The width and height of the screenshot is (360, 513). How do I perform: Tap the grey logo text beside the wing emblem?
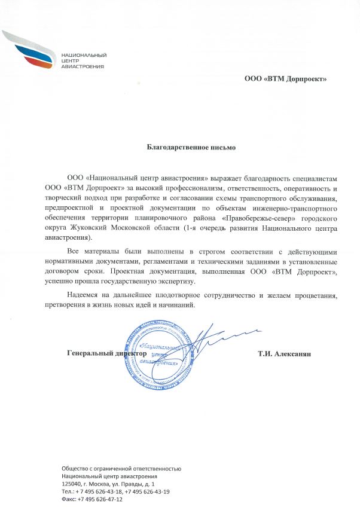pos(83,60)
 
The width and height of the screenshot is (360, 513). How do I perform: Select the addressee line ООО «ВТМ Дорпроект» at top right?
pos(286,78)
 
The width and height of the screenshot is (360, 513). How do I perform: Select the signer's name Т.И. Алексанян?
pos(285,353)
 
